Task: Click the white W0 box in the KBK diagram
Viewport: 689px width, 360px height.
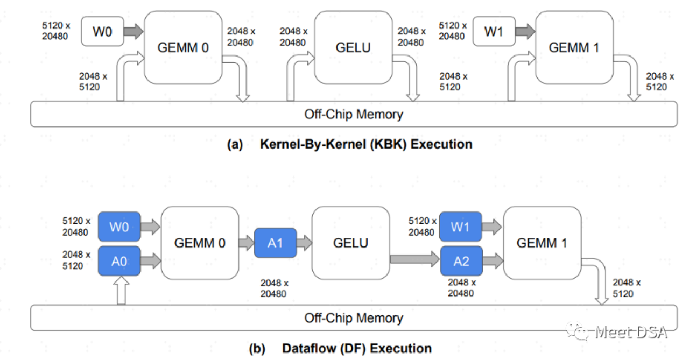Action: [102, 31]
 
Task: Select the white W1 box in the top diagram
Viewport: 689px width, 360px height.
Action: [494, 31]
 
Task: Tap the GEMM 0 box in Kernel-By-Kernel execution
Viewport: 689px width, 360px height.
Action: [183, 47]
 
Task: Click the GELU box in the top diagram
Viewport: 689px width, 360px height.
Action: [353, 47]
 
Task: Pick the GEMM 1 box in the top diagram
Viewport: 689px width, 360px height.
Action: [574, 47]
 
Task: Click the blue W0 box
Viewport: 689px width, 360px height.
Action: [119, 227]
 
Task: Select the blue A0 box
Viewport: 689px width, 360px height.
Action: [119, 261]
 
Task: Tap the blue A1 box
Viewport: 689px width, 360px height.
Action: [275, 243]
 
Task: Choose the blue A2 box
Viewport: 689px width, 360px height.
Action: [461, 261]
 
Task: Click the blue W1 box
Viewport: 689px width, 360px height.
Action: [460, 227]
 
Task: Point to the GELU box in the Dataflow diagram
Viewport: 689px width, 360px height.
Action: [351, 243]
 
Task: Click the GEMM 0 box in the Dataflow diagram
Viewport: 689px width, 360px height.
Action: [200, 243]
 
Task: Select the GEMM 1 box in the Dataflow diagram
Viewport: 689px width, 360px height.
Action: [542, 243]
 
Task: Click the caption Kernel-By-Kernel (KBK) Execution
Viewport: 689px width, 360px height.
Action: [365, 144]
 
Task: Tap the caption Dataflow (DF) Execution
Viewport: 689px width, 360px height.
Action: [356, 348]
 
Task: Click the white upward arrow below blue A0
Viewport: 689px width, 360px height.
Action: [122, 291]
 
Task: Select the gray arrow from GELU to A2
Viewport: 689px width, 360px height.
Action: [414, 260]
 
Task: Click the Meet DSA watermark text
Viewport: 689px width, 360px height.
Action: [631, 332]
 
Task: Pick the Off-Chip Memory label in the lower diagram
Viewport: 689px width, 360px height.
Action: [354, 317]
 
